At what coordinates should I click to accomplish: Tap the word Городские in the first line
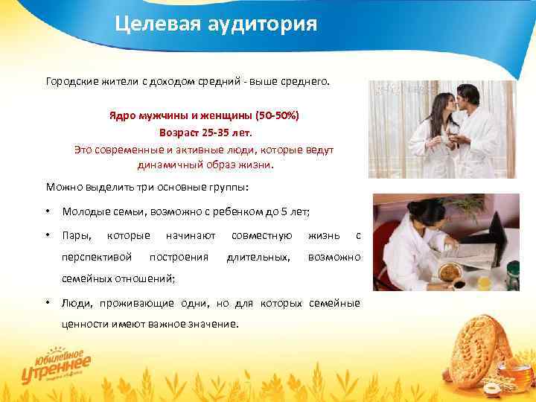tap(71, 80)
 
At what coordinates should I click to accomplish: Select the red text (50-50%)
tap(277, 118)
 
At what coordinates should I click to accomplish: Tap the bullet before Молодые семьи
tap(48, 212)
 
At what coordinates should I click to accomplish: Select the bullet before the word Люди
tap(48, 304)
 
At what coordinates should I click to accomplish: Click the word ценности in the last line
tap(86, 325)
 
